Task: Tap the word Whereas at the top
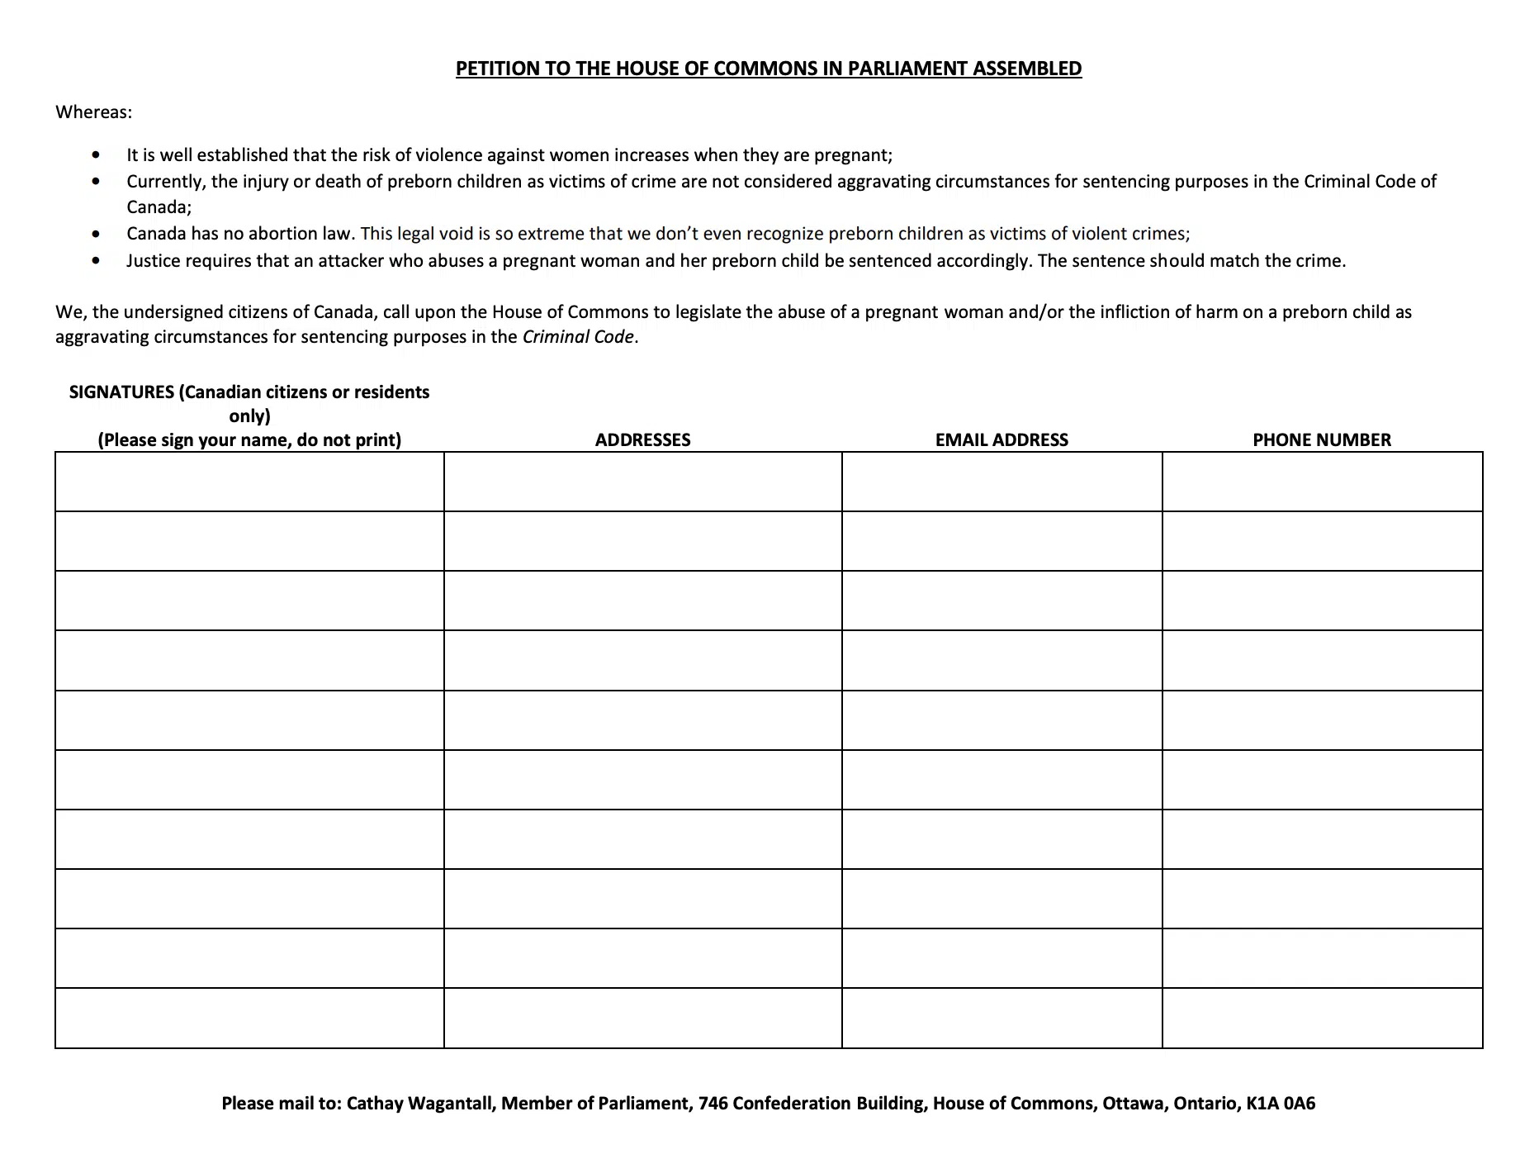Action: click(93, 112)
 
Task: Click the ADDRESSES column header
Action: click(642, 439)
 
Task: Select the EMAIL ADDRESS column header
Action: click(1002, 439)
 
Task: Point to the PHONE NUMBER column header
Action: click(1321, 439)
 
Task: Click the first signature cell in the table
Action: click(249, 482)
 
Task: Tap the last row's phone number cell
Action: click(1321, 1018)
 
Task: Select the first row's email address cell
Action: click(1002, 482)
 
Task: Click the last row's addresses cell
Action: click(642, 1018)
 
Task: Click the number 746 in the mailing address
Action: click(713, 1103)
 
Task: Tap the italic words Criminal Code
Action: click(578, 337)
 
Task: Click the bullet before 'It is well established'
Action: click(98, 154)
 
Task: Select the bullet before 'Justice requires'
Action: click(98, 261)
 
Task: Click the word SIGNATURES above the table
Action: click(121, 392)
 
